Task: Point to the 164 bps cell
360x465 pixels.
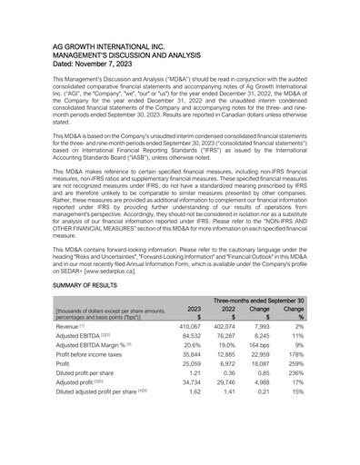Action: coord(257,371)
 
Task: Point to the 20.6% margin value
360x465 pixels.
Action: coord(190,371)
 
